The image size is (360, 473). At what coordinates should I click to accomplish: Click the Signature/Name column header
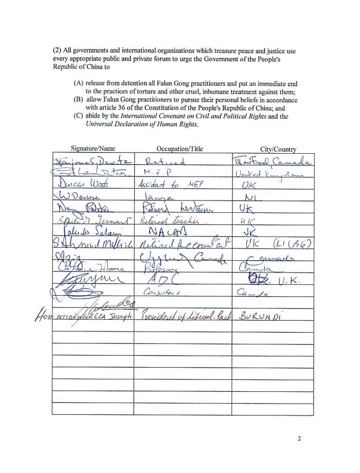(93, 149)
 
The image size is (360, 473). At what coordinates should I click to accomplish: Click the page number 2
(299, 439)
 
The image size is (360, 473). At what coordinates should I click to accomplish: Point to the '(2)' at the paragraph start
(57, 51)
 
